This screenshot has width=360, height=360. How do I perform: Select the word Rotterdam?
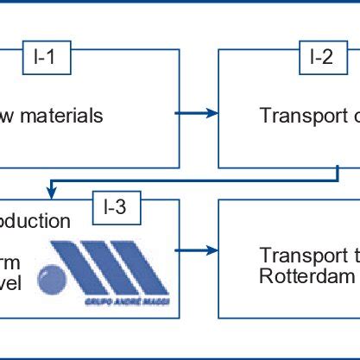[307, 275]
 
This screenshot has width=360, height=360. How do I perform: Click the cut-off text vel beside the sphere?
[14, 282]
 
